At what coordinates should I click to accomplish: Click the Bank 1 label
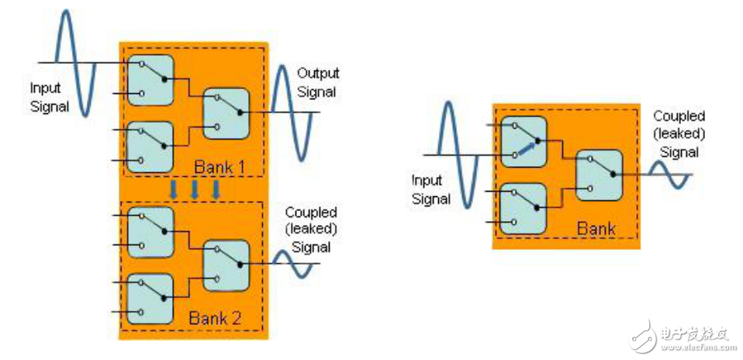click(x=219, y=167)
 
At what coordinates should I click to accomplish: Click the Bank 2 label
click(x=215, y=318)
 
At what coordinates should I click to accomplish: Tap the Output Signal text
click(x=319, y=82)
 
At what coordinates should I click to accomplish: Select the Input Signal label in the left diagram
click(x=50, y=97)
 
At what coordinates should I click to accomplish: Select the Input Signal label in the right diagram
click(x=430, y=190)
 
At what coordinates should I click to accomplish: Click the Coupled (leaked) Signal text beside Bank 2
click(x=311, y=230)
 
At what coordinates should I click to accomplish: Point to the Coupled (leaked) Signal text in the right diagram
click(x=679, y=134)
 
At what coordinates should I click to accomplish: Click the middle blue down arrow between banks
click(x=194, y=189)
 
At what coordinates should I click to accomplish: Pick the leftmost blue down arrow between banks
click(x=174, y=189)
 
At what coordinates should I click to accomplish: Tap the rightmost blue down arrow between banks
click(x=216, y=189)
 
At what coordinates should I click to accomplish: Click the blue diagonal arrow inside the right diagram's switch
click(x=527, y=147)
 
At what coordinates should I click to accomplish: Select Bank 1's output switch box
click(x=226, y=113)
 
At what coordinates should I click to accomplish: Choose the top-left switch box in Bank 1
click(x=150, y=80)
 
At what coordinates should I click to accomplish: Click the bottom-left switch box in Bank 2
click(x=150, y=299)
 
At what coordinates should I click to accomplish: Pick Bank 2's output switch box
click(x=226, y=265)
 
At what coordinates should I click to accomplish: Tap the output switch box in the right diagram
click(x=599, y=175)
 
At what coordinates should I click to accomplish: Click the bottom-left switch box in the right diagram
click(x=524, y=208)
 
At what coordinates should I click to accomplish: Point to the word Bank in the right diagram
click(x=596, y=229)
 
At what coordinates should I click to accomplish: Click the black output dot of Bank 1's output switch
click(x=240, y=112)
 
